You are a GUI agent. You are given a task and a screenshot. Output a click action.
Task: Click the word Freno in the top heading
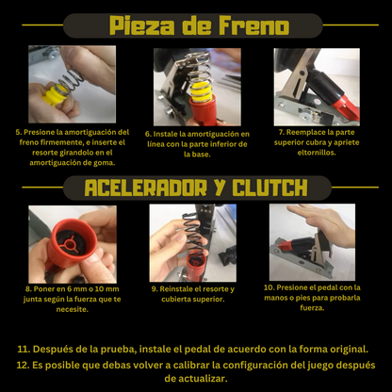point(253,25)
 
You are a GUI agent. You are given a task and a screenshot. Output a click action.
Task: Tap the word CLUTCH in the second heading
point(270,188)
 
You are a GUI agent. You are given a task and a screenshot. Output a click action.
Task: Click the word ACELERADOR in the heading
point(146,188)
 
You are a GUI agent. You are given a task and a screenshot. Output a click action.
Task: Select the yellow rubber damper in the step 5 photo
point(55,94)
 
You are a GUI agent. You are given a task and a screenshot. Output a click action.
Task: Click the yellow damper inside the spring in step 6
point(202,91)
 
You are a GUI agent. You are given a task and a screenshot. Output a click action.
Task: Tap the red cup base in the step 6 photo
point(203,110)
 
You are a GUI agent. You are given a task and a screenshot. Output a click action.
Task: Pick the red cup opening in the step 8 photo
point(73,241)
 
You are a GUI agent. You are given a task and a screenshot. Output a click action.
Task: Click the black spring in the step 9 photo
point(193,233)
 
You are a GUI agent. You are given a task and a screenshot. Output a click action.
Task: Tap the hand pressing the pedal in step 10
point(323,220)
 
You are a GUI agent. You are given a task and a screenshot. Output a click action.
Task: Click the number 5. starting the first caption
point(19,132)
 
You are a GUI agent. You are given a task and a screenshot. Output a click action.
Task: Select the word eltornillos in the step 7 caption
point(317,153)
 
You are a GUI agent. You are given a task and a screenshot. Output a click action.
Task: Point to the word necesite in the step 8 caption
point(73,310)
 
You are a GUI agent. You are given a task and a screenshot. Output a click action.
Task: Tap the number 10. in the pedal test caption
point(269,287)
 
